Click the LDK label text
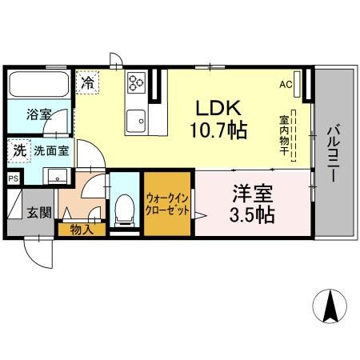click(x=218, y=108)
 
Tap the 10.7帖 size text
click(x=218, y=130)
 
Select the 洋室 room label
click(x=253, y=194)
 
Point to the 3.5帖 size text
click(x=252, y=215)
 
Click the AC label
click(x=286, y=85)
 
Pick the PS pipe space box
click(x=14, y=178)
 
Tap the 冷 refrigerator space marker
click(x=87, y=82)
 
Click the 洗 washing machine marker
click(x=19, y=151)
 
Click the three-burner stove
click(x=136, y=82)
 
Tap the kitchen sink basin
click(x=136, y=121)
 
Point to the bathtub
click(x=39, y=84)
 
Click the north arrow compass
click(x=330, y=306)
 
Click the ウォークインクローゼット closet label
click(x=167, y=205)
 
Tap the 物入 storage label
click(x=82, y=230)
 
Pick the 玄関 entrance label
click(x=39, y=213)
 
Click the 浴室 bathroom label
click(x=39, y=114)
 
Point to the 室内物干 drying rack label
click(x=284, y=135)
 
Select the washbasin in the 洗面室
click(x=58, y=176)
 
